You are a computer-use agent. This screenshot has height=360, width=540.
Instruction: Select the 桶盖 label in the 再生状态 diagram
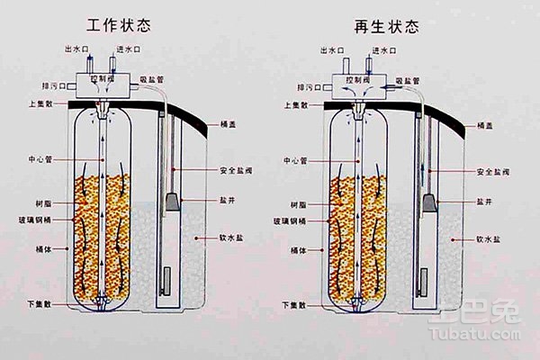tap(481, 126)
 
